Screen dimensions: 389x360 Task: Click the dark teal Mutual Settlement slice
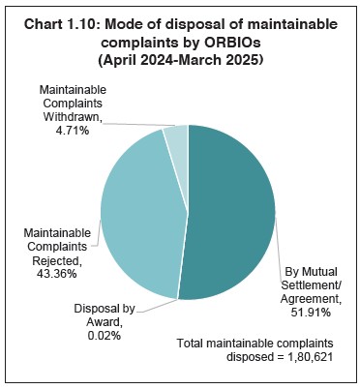[x=232, y=213]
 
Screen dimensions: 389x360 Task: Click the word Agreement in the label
[x=307, y=299]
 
